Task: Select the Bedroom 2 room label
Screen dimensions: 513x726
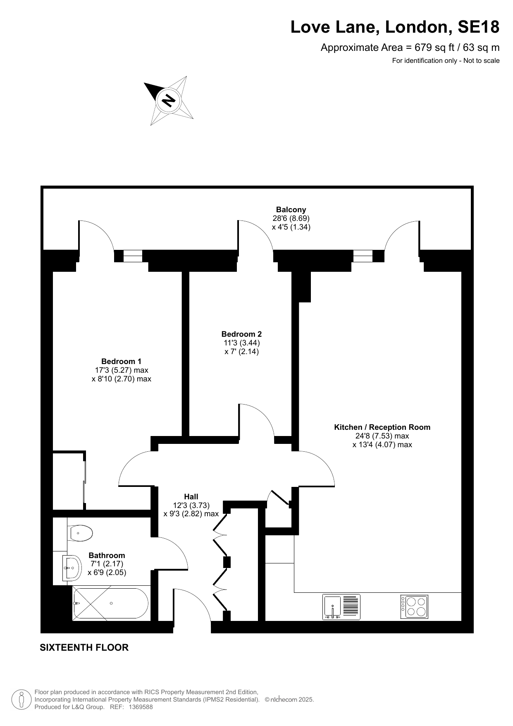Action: coord(241,334)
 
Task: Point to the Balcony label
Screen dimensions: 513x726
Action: coord(291,209)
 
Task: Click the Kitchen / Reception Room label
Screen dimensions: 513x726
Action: coord(382,427)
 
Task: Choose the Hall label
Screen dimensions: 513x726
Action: coord(191,496)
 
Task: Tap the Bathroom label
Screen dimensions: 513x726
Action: coord(107,555)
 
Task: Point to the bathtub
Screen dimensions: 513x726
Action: coord(110,603)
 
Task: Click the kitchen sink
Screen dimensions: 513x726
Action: coord(341,607)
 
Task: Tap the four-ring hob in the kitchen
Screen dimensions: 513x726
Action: coord(414,606)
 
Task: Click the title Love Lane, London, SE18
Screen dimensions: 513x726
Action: coord(395,27)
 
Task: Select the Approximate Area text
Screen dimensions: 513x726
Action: coord(410,47)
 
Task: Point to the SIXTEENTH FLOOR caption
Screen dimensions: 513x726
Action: coord(84,647)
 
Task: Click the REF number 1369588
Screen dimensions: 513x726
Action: coord(141,707)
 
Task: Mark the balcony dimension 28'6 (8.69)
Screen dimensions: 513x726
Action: coord(291,218)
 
